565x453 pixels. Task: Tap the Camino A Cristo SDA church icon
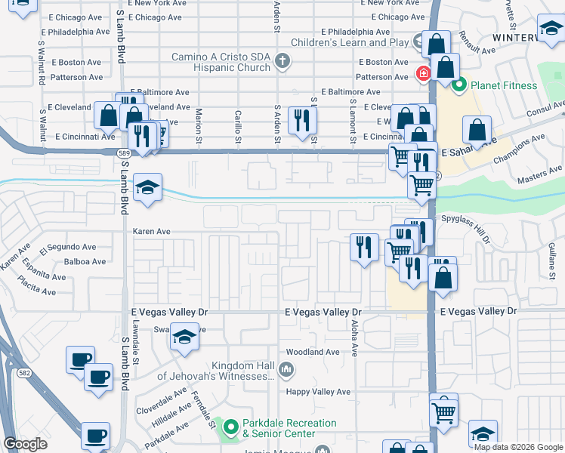click(x=282, y=60)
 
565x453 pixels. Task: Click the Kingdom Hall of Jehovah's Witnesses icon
click(x=286, y=370)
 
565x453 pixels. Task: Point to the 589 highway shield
click(x=122, y=153)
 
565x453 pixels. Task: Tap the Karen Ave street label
click(x=152, y=232)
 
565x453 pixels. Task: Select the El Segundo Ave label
click(x=72, y=247)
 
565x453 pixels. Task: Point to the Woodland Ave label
click(x=312, y=353)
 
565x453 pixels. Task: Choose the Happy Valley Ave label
click(x=317, y=392)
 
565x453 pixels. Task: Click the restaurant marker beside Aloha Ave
click(x=365, y=246)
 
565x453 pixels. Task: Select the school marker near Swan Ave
click(x=184, y=337)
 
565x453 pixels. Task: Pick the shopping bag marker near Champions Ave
click(x=477, y=131)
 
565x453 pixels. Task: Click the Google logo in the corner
click(x=25, y=444)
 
